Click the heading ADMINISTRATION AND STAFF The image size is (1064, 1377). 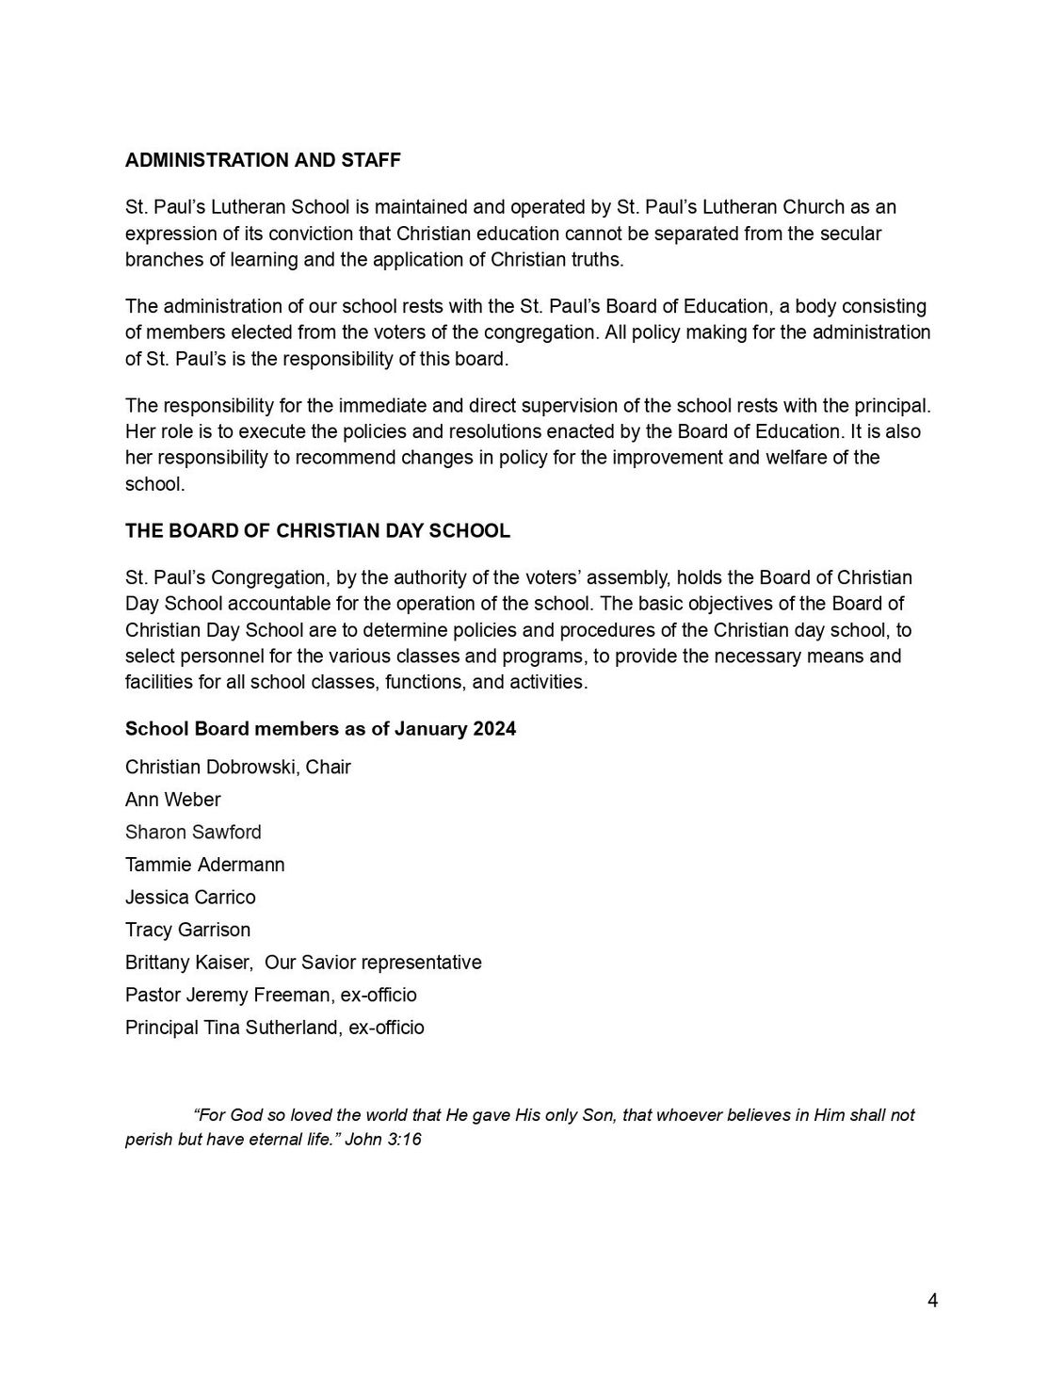(263, 160)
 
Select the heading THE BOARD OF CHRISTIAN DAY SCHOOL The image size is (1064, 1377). (317, 531)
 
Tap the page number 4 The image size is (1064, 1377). (932, 1302)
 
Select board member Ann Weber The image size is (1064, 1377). (172, 800)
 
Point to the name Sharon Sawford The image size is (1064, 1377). (193, 833)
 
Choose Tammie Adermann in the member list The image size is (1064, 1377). (204, 865)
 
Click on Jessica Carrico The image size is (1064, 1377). (190, 898)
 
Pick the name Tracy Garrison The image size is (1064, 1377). (187, 931)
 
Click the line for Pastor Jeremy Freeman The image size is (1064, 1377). (270, 996)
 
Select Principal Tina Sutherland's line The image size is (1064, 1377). (274, 1028)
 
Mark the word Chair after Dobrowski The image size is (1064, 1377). (329, 768)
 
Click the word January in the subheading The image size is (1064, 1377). (430, 729)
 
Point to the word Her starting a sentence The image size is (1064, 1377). (140, 432)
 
